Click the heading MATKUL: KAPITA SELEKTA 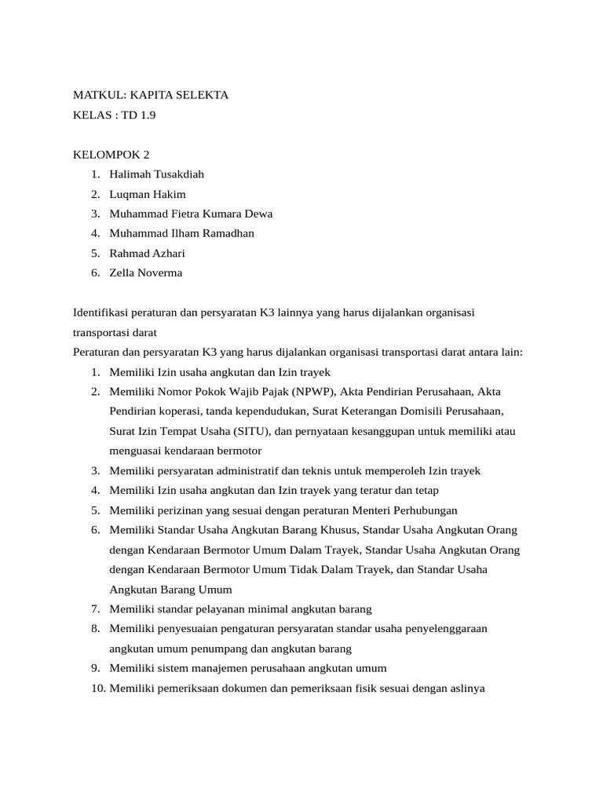tap(150, 95)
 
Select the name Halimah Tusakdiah tap(157, 174)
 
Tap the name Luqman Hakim tap(148, 194)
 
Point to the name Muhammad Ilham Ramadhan tap(181, 233)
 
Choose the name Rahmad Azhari tap(148, 253)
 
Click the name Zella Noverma tap(146, 272)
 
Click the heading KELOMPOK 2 tap(110, 154)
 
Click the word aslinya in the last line tap(466, 689)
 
